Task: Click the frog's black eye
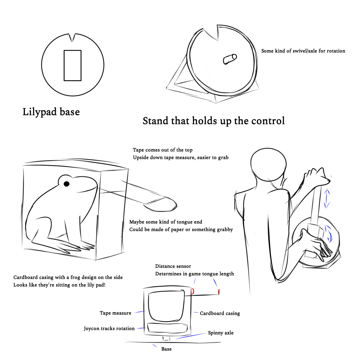67,184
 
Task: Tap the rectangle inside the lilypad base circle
72,65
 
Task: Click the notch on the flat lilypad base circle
73,37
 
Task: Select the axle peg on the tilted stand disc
230,59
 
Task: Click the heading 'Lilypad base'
51,112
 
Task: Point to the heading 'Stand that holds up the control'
213,121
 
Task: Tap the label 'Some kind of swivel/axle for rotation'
303,51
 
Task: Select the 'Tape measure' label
115,313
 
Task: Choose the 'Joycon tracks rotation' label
109,329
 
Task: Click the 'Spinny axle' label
221,333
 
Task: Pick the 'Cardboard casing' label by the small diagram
220,314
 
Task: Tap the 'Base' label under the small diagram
166,349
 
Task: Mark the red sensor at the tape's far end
219,291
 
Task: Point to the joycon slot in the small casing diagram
167,328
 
